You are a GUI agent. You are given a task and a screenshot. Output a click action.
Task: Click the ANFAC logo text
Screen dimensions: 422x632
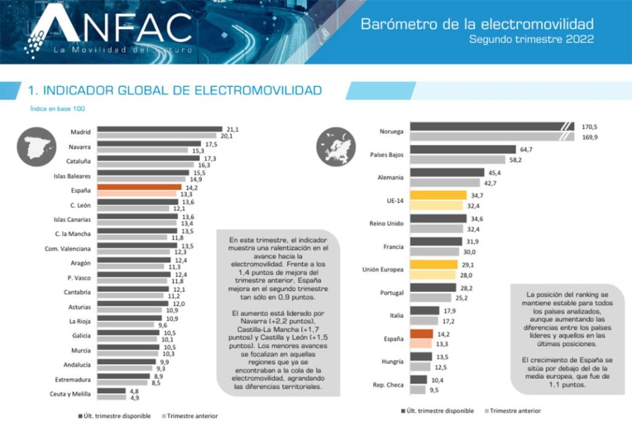[111, 28]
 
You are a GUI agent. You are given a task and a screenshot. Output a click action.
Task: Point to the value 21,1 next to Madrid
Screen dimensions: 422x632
[233, 129]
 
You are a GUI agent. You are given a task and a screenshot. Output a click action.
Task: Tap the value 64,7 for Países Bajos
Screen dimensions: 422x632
[528, 149]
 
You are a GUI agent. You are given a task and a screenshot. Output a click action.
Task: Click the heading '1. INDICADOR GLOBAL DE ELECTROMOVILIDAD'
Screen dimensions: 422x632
[175, 91]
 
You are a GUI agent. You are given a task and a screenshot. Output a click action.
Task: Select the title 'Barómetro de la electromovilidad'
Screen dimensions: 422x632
[476, 24]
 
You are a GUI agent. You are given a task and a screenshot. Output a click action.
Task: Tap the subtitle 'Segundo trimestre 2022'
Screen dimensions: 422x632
[531, 39]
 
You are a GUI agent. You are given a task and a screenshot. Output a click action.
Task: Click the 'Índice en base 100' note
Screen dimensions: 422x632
[57, 109]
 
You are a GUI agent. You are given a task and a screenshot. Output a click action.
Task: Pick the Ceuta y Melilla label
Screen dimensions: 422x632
[70, 394]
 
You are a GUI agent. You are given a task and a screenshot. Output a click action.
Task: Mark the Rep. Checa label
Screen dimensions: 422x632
[389, 385]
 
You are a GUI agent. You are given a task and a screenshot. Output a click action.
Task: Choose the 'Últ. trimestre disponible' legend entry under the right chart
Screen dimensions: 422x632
[440, 410]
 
